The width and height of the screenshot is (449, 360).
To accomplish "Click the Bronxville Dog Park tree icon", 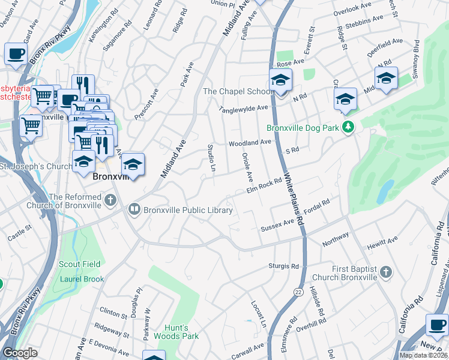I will click(x=348, y=127).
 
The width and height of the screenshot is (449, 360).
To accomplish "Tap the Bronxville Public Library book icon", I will click(x=134, y=209).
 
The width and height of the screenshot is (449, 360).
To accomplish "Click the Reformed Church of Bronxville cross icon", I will click(x=110, y=200).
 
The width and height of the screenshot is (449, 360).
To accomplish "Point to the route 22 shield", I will click(x=298, y=290).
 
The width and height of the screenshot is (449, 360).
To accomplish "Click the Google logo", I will click(x=20, y=353).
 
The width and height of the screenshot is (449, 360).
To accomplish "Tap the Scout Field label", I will click(x=79, y=264).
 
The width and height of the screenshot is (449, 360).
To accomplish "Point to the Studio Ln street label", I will click(x=211, y=157).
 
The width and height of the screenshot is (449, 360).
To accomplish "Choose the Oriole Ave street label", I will click(x=248, y=167).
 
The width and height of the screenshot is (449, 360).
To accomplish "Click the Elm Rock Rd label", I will click(x=265, y=187).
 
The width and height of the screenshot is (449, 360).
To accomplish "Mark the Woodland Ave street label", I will click(x=250, y=143).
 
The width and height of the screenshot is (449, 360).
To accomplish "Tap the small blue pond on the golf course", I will click(x=384, y=191).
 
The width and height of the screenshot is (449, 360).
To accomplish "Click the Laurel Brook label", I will click(x=82, y=279).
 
